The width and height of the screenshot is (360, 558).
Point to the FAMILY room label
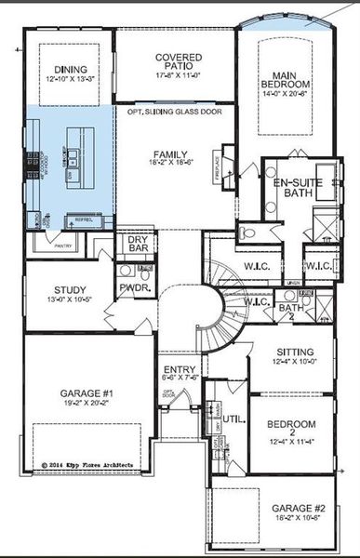click(x=171, y=154)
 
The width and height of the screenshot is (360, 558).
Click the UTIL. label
click(x=232, y=420)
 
